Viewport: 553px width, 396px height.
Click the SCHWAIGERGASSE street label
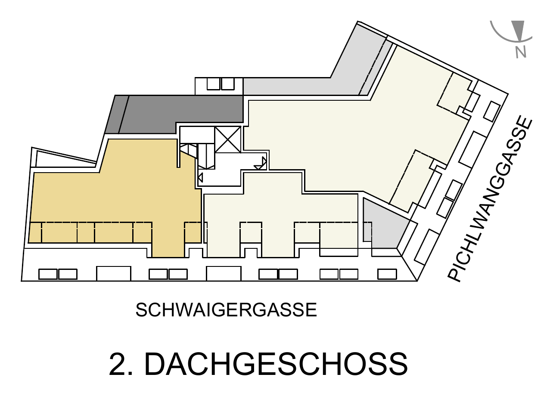tap(226, 309)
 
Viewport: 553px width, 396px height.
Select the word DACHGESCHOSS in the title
tap(276, 364)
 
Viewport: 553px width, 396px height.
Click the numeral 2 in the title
tap(118, 364)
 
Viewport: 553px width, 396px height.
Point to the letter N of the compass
tap(521, 53)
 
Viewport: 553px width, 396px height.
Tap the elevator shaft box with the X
tap(228, 139)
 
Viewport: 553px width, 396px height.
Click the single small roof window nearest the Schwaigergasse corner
tap(387, 274)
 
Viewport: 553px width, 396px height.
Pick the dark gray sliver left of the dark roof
tap(117, 114)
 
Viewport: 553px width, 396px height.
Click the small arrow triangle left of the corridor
tap(200, 178)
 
